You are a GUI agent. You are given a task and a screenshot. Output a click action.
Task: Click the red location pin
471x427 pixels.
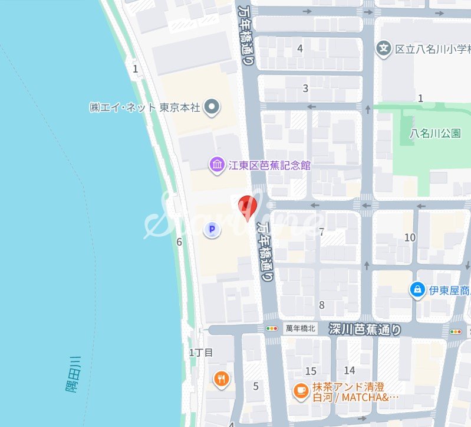click(247, 207)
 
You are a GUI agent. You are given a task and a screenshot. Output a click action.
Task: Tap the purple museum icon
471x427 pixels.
click(217, 165)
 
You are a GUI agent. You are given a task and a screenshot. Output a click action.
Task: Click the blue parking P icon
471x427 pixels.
click(212, 230)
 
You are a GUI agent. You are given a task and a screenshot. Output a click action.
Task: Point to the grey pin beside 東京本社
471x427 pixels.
click(213, 107)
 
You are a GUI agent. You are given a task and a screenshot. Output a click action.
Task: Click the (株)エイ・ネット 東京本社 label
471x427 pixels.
click(145, 107)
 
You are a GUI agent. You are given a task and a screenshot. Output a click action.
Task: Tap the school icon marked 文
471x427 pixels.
click(384, 47)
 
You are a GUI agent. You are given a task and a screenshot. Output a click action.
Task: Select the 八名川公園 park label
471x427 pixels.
click(435, 133)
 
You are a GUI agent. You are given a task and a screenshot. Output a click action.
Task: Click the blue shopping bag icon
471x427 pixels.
click(417, 290)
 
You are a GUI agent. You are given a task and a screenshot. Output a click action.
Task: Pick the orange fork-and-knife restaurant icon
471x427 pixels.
click(222, 379)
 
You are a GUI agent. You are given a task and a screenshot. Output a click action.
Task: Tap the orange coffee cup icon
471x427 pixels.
click(301, 390)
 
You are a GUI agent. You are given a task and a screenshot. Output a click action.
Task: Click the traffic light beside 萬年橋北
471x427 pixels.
click(272, 328)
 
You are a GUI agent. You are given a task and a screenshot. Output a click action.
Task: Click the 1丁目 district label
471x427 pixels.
click(200, 353)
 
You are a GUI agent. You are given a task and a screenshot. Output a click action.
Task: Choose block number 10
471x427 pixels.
click(410, 237)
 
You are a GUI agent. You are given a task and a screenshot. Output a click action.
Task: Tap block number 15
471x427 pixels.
click(311, 371)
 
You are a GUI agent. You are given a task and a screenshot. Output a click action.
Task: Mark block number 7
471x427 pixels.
click(321, 232)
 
